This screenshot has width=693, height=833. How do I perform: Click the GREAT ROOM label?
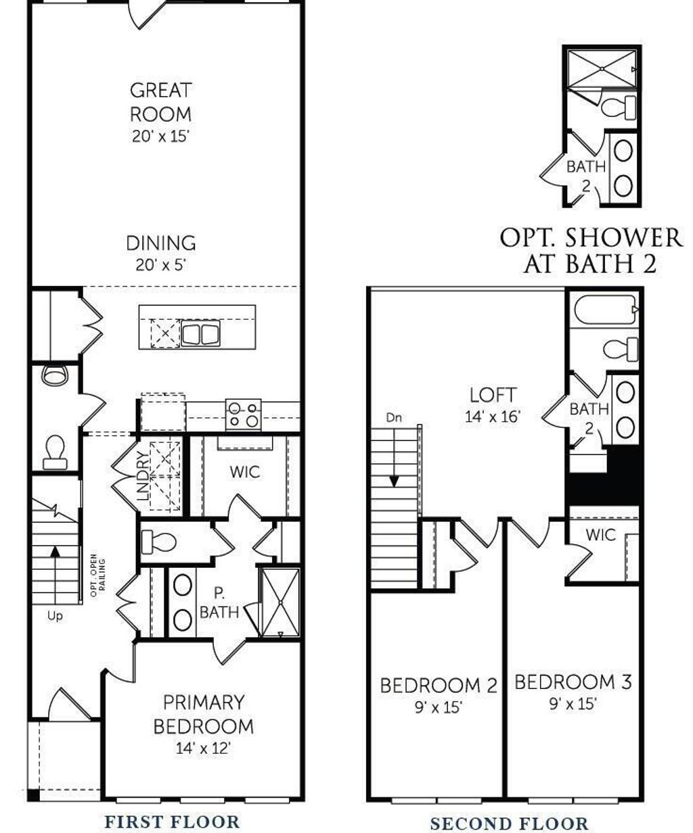[x=160, y=101]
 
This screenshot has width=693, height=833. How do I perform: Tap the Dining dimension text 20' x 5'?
[x=160, y=264]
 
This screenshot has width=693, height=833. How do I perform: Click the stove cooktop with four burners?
[x=244, y=414]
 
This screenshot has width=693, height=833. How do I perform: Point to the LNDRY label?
[x=143, y=476]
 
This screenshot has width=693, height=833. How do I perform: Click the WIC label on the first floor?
[x=244, y=472]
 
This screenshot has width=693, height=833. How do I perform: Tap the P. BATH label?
[x=219, y=603]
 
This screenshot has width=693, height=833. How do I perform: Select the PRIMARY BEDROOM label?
[x=203, y=714]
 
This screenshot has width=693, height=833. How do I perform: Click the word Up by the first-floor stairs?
[x=55, y=616]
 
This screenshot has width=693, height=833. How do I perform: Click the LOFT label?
[x=493, y=395]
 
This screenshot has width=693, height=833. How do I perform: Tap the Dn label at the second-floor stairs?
[x=394, y=418]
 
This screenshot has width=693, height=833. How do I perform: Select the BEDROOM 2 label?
[x=439, y=686]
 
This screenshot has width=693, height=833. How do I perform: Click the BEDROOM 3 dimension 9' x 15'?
[x=573, y=704]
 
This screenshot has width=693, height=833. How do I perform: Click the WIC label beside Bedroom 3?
[x=600, y=535]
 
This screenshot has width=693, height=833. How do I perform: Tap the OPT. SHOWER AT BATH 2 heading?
[x=590, y=250]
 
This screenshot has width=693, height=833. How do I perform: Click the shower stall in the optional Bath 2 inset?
[x=601, y=70]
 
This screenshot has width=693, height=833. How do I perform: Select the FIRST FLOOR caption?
[x=172, y=822]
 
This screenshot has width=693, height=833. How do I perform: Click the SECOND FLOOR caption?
[x=509, y=823]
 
